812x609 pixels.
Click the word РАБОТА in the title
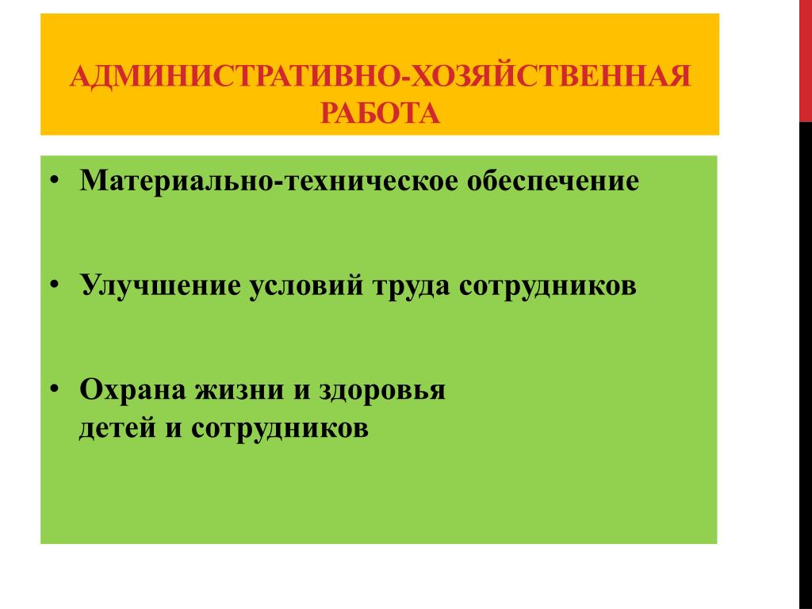380,113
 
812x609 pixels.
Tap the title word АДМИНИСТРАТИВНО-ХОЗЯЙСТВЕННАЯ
381,77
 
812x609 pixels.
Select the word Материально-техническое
269,181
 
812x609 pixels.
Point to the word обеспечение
553,181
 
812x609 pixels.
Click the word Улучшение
160,285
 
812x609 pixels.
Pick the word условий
307,285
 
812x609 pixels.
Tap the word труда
412,285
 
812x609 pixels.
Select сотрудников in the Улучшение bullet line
548,285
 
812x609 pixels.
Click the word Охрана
132,389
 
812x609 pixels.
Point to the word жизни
239,390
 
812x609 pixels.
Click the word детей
117,428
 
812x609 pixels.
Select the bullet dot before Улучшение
55,285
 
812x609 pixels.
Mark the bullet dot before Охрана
55,389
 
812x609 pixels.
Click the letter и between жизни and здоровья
301,391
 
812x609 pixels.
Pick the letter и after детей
174,429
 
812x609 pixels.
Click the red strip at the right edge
806,61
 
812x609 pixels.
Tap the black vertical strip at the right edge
806,366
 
